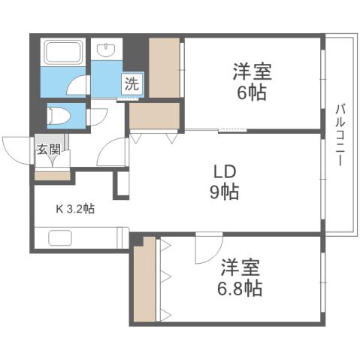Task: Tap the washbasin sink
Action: pyautogui.click(x=107, y=50)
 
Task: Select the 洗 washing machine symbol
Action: pyautogui.click(x=132, y=84)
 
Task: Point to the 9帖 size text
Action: pyautogui.click(x=223, y=192)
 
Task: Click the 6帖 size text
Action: pyautogui.click(x=251, y=93)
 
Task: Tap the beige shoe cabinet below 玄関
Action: pyautogui.click(x=53, y=176)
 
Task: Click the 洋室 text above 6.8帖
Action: pyautogui.click(x=241, y=268)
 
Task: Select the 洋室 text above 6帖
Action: pyautogui.click(x=251, y=73)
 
